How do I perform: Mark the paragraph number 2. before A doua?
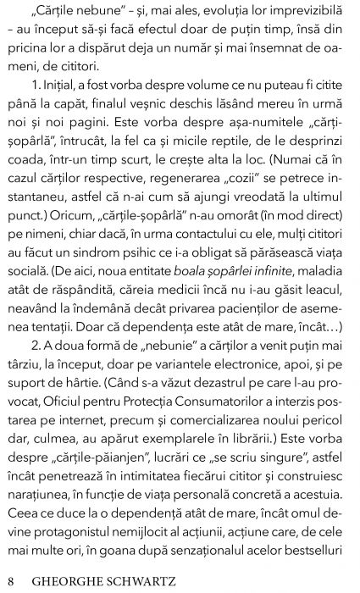(x=30, y=393)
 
